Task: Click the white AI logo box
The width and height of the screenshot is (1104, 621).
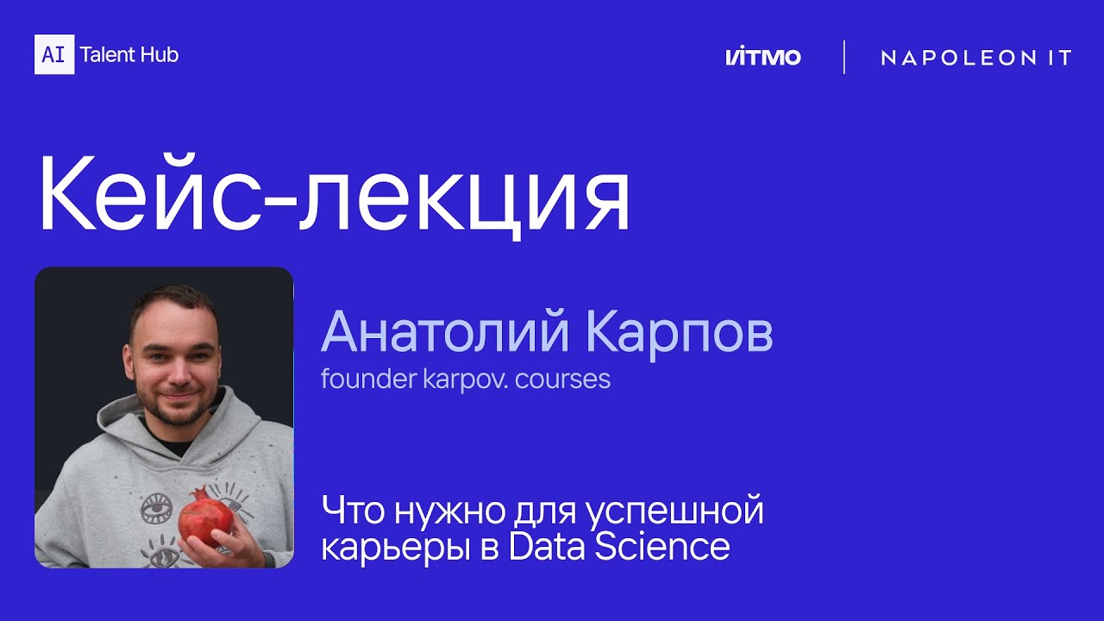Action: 54,54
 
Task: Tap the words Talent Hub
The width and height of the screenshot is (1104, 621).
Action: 129,55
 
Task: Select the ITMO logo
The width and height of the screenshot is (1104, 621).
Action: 762,58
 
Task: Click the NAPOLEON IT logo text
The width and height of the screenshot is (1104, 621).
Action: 975,58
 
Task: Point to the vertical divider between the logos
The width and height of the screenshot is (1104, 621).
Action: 844,57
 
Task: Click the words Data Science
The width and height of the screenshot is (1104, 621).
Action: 619,547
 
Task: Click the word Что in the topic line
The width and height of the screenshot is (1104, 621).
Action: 354,511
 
